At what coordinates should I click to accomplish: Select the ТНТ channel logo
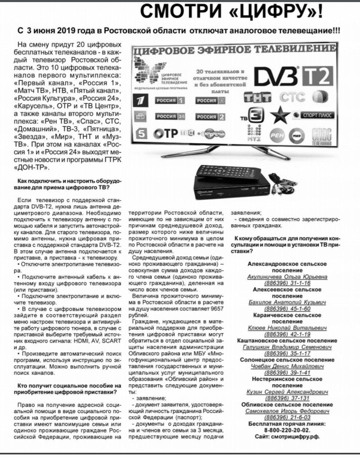click(x=258, y=97)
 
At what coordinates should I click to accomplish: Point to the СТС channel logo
click(x=292, y=97)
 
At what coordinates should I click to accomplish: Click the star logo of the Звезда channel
click(x=280, y=115)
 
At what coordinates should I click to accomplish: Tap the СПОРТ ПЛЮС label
click(x=313, y=115)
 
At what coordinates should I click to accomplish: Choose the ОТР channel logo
click(x=165, y=134)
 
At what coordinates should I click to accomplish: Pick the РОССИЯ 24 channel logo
click(x=170, y=116)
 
